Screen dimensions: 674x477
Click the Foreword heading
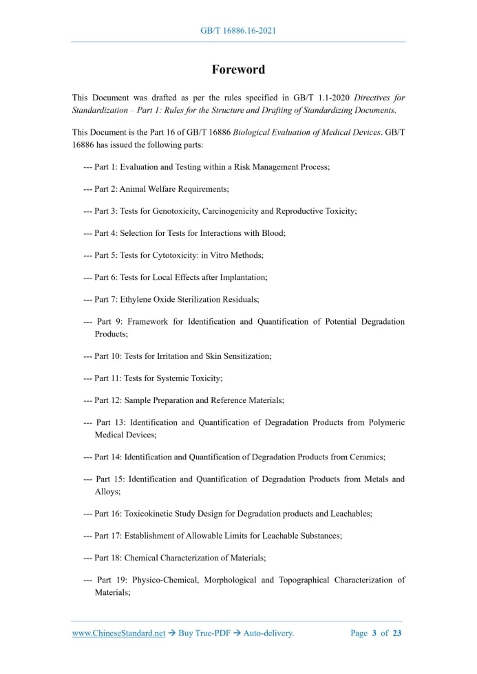click(238, 69)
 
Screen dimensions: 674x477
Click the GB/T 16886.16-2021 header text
click(238, 31)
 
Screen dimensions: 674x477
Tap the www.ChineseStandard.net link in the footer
click(118, 633)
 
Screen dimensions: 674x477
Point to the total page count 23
click(396, 633)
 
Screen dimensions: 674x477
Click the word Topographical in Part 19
click(302, 580)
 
